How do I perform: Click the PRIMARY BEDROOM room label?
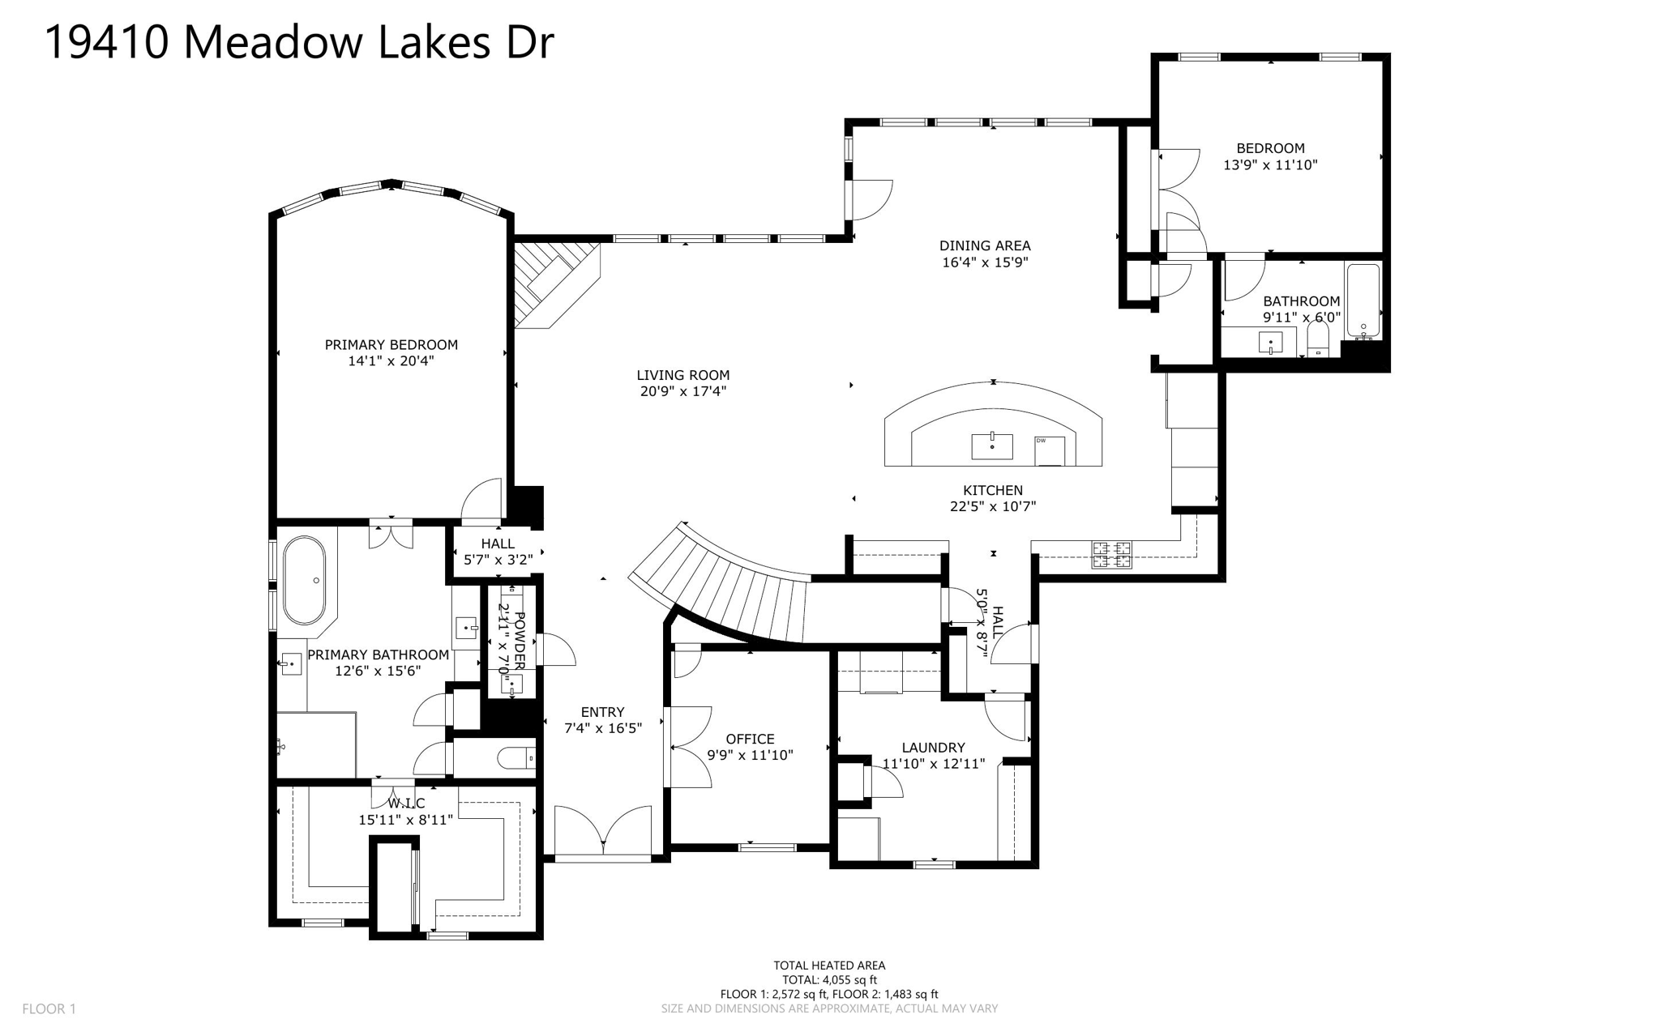[x=391, y=345]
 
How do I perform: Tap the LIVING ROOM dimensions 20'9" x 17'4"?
[x=682, y=391]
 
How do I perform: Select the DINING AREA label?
[x=985, y=245]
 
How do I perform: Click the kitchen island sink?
[x=992, y=446]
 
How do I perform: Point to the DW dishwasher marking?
[x=1041, y=441]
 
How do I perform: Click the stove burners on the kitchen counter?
[x=1111, y=555]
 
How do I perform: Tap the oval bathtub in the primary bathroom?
[x=304, y=580]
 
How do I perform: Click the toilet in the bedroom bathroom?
[x=1318, y=340]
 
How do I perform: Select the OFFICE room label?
[x=750, y=739]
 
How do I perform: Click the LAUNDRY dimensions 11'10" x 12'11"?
[x=933, y=763]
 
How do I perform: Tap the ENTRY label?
[x=602, y=712]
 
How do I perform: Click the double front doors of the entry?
[x=602, y=830]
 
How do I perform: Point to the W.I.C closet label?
[x=406, y=804]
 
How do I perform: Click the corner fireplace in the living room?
[x=554, y=284]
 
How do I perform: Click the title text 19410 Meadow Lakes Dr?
[x=298, y=42]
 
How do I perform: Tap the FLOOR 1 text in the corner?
[x=49, y=1008]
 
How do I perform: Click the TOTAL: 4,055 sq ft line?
[x=829, y=979]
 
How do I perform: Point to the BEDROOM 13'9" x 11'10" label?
[x=1270, y=156]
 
